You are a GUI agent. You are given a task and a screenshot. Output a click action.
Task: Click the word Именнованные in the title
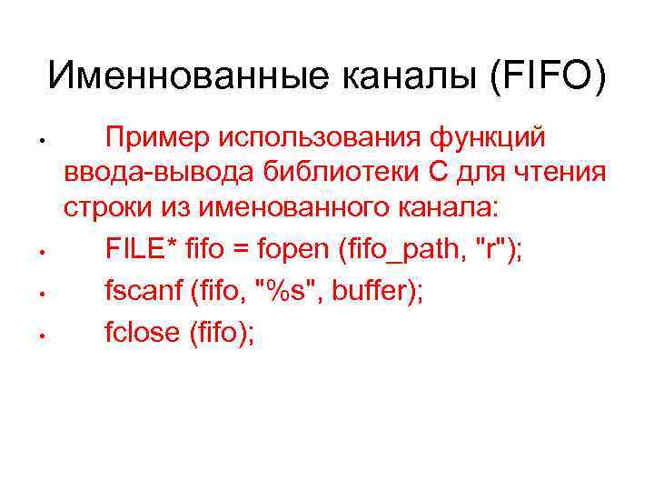click(189, 76)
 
